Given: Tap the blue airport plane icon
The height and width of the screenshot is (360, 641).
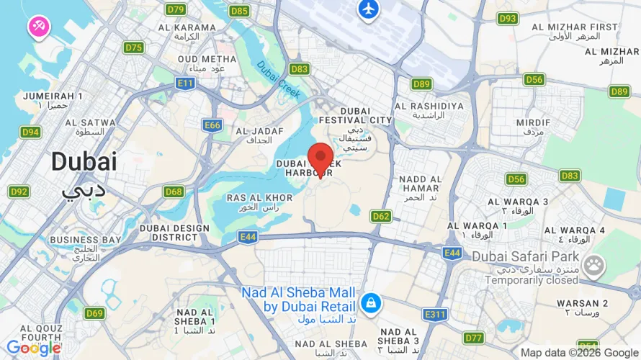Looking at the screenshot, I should (368, 9).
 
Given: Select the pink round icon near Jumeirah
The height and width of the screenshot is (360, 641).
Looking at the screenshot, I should (38, 27).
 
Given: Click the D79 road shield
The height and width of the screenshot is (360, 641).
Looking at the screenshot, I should (176, 9).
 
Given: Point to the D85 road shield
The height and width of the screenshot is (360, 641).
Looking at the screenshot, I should (239, 11).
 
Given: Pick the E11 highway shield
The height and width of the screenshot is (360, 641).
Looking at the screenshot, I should (186, 84).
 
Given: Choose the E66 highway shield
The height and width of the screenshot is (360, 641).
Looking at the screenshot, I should (212, 125).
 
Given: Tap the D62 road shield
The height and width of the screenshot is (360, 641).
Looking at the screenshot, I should (381, 216).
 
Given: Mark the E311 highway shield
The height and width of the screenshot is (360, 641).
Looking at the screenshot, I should (435, 315).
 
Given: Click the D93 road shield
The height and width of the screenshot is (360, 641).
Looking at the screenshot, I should (508, 18).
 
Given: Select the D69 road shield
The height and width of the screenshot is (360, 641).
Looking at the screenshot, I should (94, 313).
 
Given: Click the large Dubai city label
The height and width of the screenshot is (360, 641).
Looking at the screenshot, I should (84, 161).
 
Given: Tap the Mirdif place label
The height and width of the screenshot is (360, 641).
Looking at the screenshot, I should (534, 123).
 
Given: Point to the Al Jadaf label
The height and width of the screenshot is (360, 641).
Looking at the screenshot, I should (254, 132).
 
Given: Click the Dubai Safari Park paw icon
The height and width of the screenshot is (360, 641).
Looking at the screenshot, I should (594, 265).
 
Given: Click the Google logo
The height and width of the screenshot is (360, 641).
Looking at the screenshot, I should (34, 348).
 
